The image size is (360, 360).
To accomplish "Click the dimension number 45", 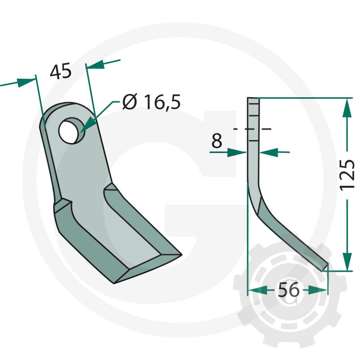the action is [x=61, y=72].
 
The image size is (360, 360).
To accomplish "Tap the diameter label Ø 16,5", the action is [x=152, y=102].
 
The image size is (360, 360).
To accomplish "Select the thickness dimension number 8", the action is [x=216, y=141].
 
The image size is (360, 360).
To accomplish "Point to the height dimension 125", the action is [x=347, y=175].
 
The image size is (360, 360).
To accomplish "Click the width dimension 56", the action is [x=288, y=289].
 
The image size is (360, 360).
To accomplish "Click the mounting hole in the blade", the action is [x=69, y=130].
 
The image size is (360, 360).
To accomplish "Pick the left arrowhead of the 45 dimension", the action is [x=26, y=82].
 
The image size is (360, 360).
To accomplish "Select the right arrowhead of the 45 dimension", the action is [x=96, y=64].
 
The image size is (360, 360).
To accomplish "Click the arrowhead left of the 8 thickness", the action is [x=237, y=152].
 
